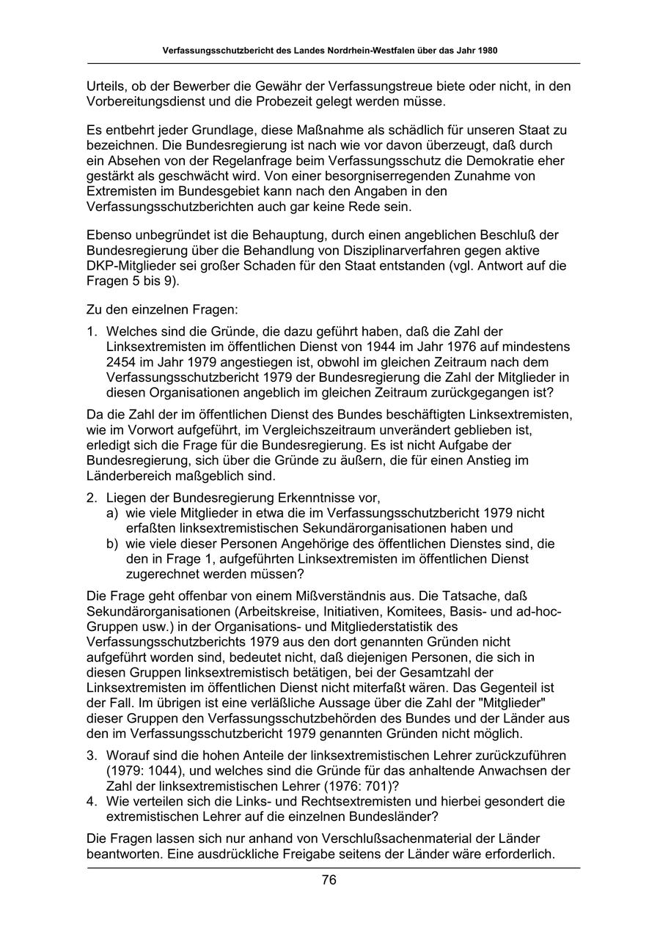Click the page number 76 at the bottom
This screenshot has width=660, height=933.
pos(329,880)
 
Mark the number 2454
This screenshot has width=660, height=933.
pos(122,361)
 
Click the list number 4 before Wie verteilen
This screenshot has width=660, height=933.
pos(92,800)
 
